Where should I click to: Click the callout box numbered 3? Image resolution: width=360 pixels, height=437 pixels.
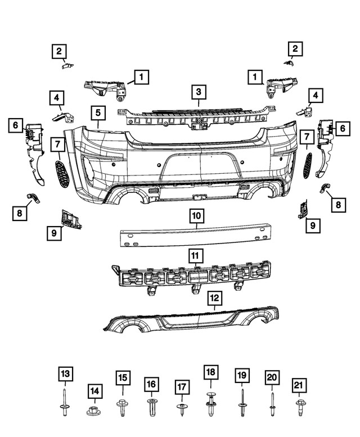(199, 91)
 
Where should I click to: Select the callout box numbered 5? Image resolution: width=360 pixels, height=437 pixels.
(97, 112)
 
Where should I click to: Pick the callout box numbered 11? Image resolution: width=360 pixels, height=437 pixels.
(195, 256)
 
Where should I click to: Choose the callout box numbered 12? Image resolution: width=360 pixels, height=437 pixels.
(214, 298)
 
